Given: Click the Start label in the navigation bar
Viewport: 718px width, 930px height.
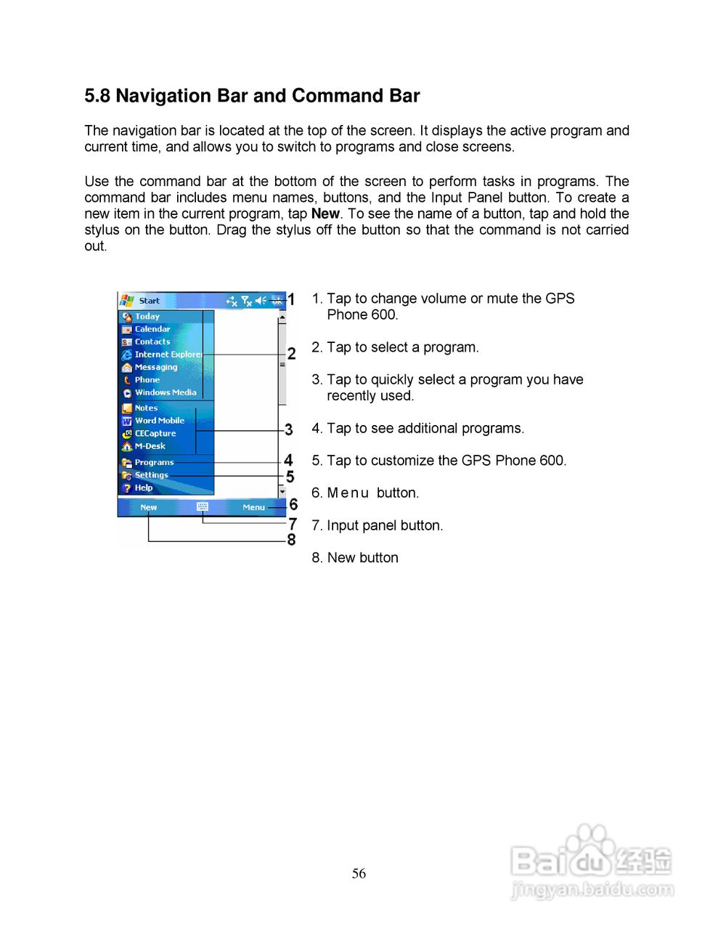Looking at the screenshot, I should click(149, 301).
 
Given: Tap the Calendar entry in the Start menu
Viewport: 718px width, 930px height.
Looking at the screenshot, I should click(152, 329).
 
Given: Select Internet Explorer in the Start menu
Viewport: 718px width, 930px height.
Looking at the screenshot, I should click(168, 355).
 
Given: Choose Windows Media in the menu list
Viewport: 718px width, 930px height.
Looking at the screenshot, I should click(165, 392).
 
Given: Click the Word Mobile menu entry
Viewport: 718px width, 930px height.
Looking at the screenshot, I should click(159, 421).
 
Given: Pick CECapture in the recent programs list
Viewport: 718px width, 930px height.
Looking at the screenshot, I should click(155, 434).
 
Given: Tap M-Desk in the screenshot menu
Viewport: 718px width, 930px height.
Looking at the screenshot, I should click(150, 446).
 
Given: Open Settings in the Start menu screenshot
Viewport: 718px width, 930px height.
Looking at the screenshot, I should click(151, 475).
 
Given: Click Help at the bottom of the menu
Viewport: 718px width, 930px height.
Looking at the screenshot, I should click(143, 488).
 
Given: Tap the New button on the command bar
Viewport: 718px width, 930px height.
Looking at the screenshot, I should click(148, 508).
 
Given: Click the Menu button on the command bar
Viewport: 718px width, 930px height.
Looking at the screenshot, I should click(253, 508).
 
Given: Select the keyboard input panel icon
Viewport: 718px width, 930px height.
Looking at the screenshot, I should click(203, 507).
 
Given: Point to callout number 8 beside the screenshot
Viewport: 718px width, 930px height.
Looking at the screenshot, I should click(291, 540).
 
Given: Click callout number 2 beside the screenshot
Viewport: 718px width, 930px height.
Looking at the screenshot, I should click(291, 354).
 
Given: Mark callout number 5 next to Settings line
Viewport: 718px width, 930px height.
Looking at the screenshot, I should click(290, 477).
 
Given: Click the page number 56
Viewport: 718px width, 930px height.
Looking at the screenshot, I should click(359, 874).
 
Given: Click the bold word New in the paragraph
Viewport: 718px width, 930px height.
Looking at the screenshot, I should click(325, 214).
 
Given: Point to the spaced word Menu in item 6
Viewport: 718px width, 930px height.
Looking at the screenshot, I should click(348, 493).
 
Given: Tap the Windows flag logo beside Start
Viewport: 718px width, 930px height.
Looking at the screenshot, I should click(127, 300).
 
